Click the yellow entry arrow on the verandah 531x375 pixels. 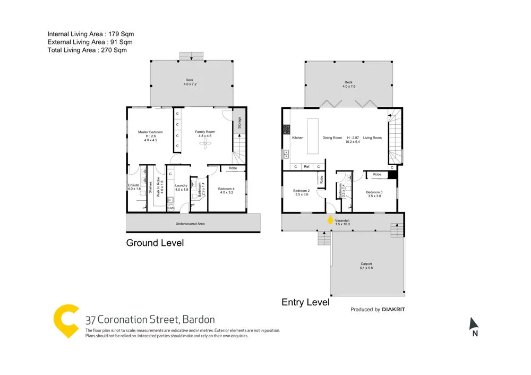coord(330,219)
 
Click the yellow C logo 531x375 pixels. coord(67,320)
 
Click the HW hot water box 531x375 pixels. coord(171,208)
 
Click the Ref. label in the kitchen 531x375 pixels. coord(307,167)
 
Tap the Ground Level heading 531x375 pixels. coord(155,243)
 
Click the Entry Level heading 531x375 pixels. coord(305,302)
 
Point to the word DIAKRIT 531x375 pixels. coord(393,309)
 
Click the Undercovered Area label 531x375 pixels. coord(190,224)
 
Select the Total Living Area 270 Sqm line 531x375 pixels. coord(87,50)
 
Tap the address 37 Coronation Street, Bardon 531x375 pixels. coord(150,320)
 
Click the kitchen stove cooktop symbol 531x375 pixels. coord(286,129)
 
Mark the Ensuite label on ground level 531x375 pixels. coord(134,185)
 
